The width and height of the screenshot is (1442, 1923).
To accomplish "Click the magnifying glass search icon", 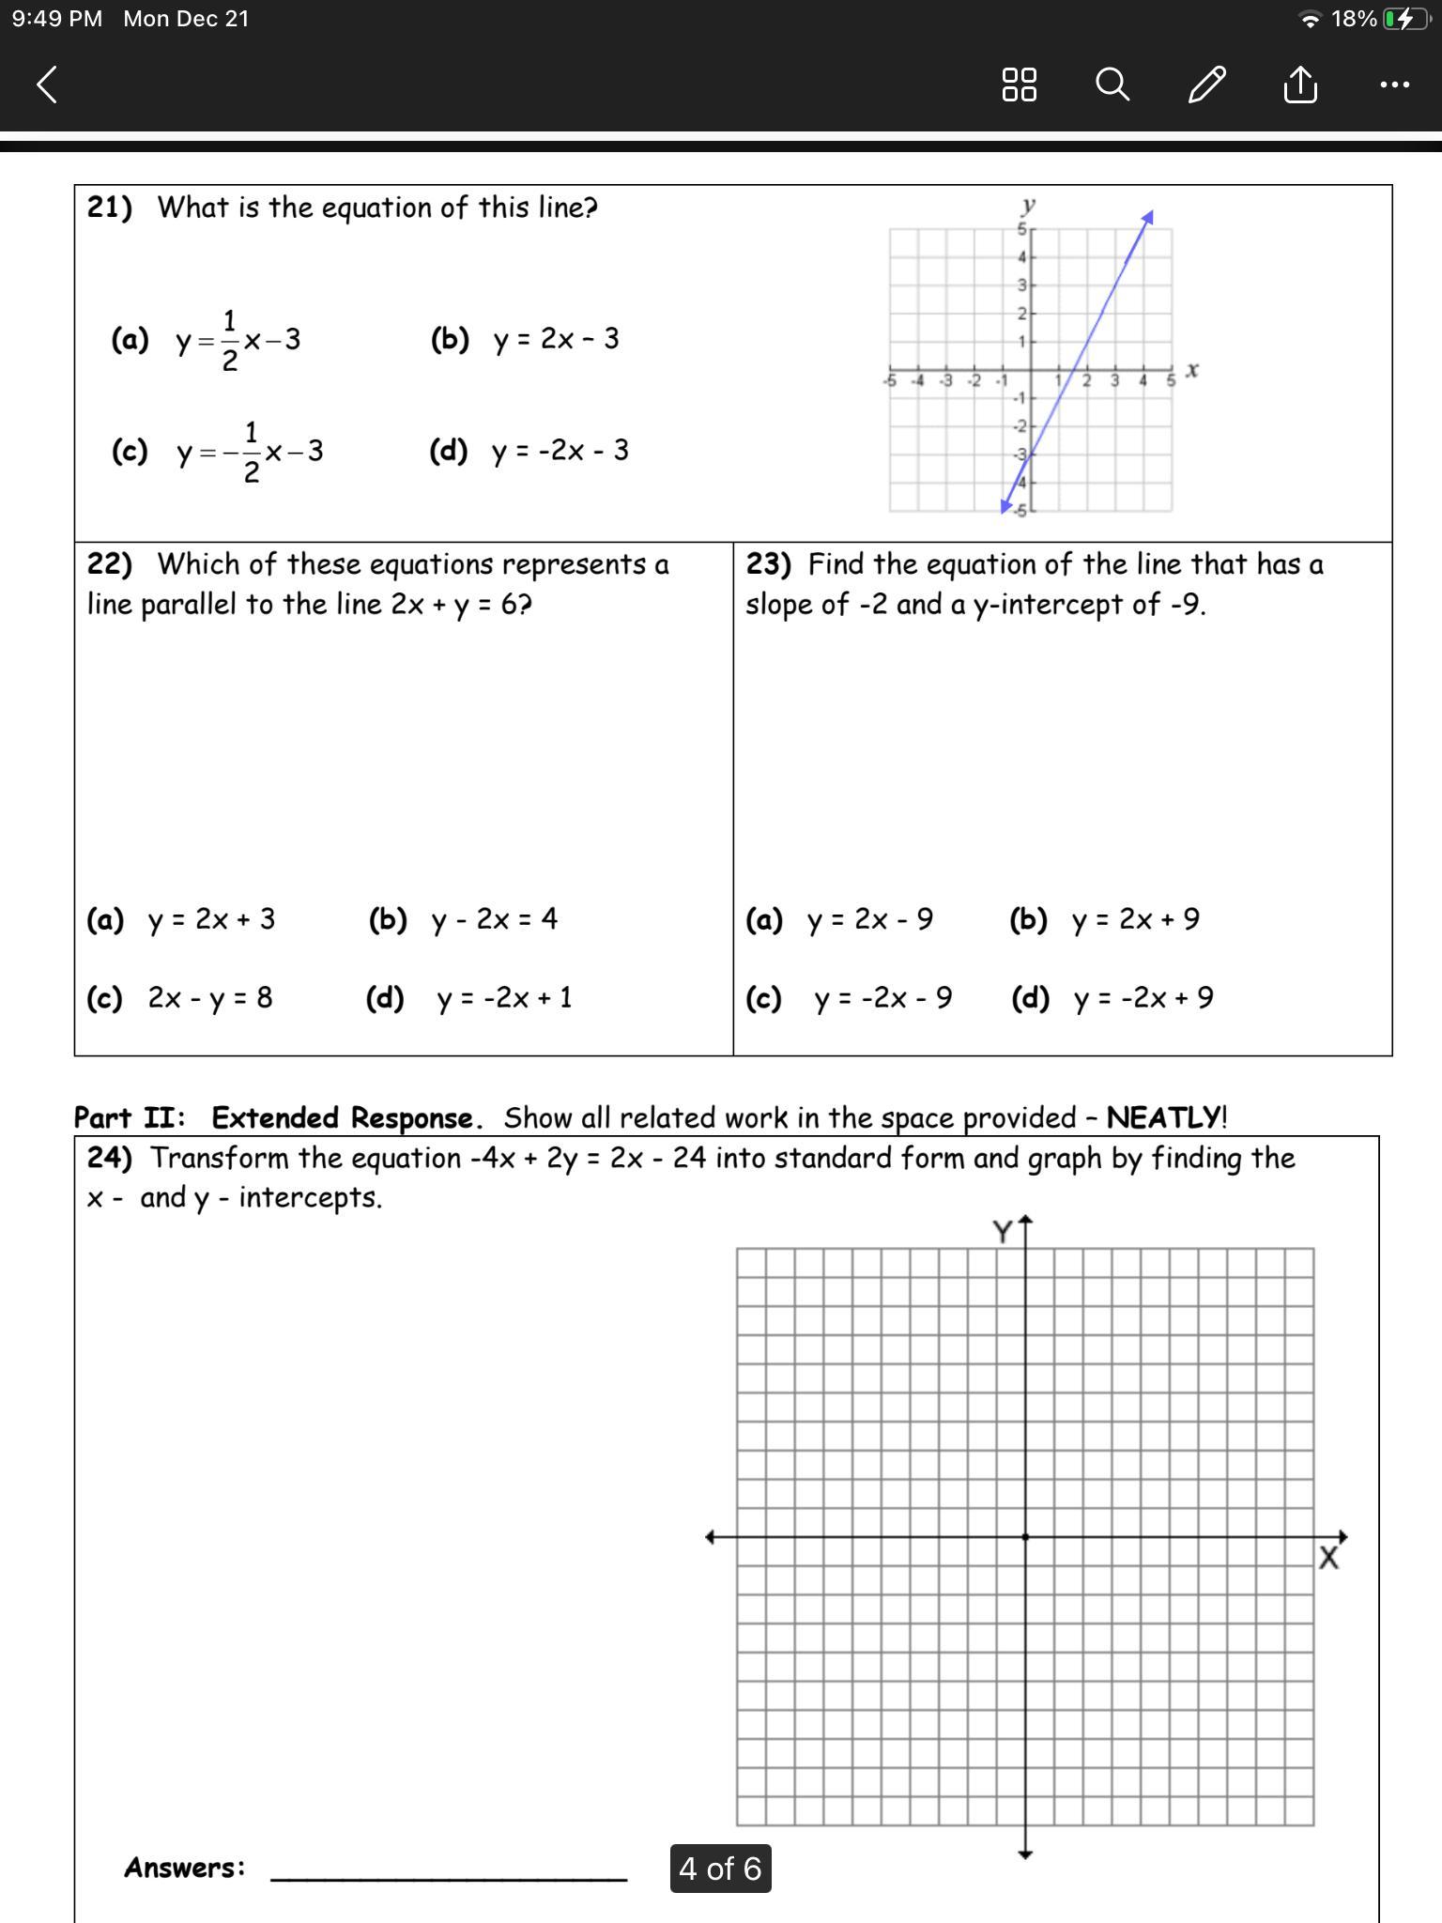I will point(1112,85).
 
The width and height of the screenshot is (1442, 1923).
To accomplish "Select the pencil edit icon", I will point(1206,85).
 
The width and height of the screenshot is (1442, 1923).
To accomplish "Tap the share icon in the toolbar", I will point(1299,85).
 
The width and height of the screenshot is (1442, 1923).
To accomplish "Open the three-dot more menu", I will point(1394,85).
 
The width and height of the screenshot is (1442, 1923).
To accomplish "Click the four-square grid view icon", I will point(1020,85).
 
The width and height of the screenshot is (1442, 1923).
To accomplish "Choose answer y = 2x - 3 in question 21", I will point(556,339).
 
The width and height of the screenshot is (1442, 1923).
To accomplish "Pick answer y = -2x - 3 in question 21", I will point(560,451).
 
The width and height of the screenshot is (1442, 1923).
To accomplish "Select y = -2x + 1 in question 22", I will point(503,998).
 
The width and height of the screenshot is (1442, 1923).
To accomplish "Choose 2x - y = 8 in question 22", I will point(209,997).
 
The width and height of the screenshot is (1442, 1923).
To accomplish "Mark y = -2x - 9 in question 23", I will point(882,998).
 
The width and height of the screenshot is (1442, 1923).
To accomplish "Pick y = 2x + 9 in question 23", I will point(1135,919).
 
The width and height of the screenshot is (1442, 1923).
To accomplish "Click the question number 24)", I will point(109,1158).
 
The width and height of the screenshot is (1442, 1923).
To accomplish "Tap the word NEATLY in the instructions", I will point(1164,1117).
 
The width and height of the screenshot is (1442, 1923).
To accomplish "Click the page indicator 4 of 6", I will point(720,1869).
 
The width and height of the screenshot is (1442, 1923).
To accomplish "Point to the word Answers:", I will point(185,1868).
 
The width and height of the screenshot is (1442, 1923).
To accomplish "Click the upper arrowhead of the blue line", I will point(1147,218).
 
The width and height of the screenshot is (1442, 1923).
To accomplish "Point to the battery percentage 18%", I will point(1353,19).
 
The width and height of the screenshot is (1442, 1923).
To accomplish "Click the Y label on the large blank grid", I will point(1003,1231).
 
